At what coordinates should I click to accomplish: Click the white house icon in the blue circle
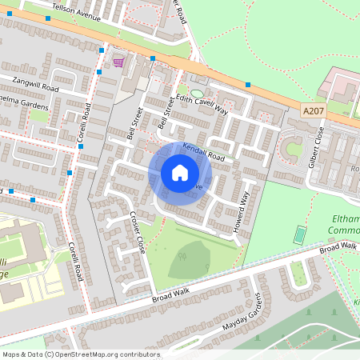pos(179,173)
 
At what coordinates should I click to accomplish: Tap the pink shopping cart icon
pos(118,62)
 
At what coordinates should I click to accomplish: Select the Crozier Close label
pos(135,230)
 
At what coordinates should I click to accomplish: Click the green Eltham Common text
pos(343,225)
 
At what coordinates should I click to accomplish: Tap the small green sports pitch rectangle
pos(299,235)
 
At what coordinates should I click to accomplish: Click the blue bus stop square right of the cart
pos(152,58)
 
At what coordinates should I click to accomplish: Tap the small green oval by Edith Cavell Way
pos(197,94)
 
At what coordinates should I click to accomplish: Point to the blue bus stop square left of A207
pos(249,84)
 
